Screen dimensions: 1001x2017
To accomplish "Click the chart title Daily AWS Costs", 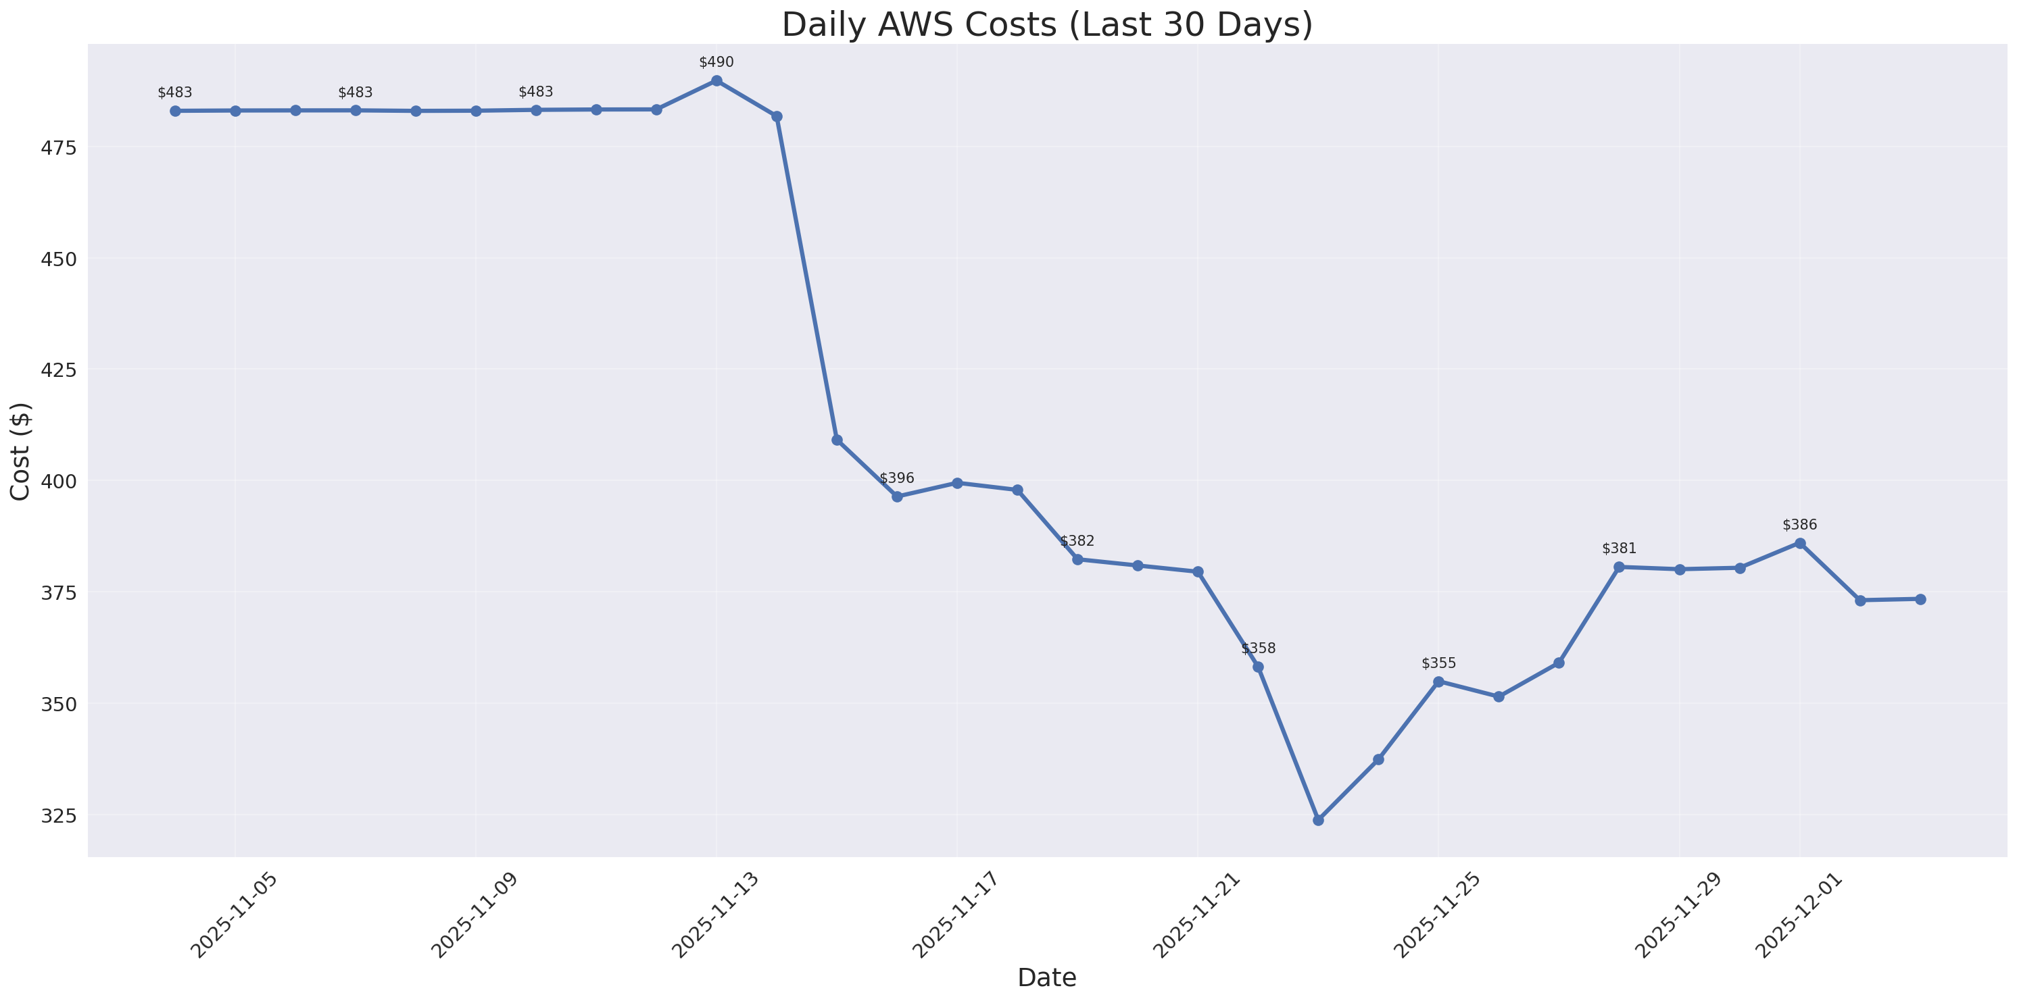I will tap(1047, 24).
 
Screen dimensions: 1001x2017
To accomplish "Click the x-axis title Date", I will tap(1047, 977).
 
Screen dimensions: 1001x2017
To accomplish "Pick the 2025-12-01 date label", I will tap(1799, 915).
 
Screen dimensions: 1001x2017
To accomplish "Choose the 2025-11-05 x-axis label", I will tap(233, 915).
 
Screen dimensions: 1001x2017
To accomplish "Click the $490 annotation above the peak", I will tap(716, 63).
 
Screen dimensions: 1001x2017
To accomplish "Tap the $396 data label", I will tap(896, 478).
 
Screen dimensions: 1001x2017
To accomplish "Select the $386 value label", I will tap(1799, 525).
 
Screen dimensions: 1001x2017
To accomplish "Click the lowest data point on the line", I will tap(1318, 820).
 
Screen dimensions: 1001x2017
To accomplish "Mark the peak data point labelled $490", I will tap(716, 80).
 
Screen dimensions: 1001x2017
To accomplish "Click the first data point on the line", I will tap(174, 111).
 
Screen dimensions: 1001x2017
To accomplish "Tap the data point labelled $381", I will tap(1618, 567).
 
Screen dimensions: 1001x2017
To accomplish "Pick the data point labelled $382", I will tap(1077, 559).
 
